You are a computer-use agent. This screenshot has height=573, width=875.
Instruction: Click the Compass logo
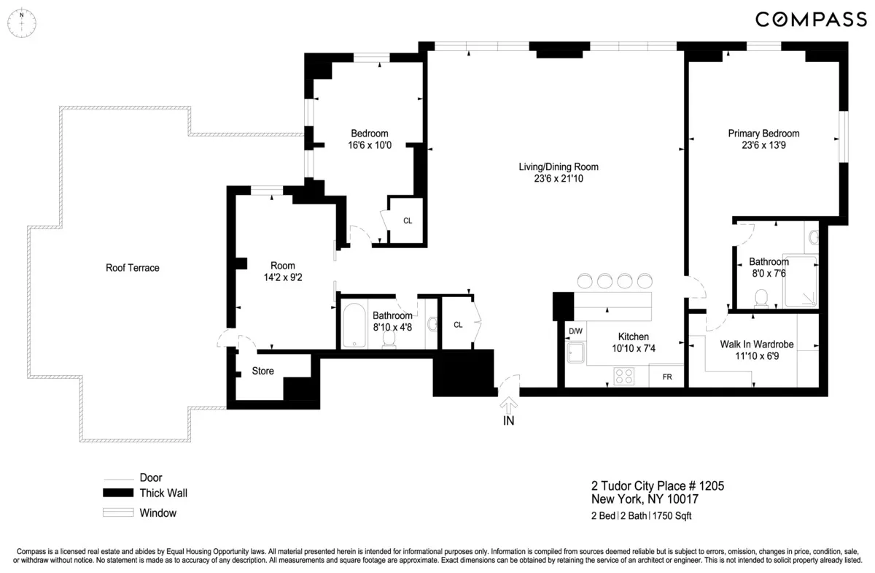pos(810,20)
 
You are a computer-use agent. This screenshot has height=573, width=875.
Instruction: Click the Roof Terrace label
pos(133,268)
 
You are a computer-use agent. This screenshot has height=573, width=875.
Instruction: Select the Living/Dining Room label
pos(558,167)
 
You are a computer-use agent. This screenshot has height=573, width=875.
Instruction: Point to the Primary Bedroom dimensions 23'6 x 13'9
pos(763,145)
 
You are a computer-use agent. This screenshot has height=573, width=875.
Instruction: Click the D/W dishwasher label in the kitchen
pos(575,331)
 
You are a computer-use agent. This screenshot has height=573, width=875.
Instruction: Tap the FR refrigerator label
pos(666,377)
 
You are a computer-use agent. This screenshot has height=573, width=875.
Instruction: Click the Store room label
pos(262,371)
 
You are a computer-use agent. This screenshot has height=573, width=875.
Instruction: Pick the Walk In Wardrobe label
pos(756,344)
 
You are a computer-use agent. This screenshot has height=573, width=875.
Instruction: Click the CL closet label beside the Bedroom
pos(408,220)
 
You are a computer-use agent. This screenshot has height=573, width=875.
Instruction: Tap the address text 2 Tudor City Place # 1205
pos(657,486)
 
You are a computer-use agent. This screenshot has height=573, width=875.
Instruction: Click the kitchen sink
pos(577,354)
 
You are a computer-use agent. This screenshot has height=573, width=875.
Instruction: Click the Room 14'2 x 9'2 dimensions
pos(282,277)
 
